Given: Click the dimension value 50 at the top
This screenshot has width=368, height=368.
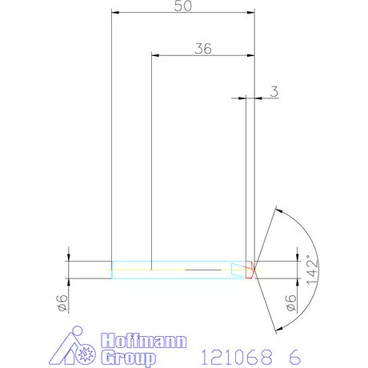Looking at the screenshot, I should coord(183,6).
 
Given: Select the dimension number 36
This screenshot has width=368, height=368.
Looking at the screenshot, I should coord(202,48).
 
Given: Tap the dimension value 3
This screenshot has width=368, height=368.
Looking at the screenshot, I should coord(274,92).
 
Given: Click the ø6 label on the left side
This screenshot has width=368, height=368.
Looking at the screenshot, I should coord(60,301).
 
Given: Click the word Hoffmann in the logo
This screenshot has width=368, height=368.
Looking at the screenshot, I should coord(144,341).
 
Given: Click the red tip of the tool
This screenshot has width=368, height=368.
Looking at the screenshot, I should coord(251,270).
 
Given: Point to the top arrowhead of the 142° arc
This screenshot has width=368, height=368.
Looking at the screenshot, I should coord(277,210).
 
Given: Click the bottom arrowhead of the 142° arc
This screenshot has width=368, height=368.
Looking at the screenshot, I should coord(277,329).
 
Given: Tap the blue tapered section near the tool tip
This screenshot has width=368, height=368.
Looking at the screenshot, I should coord(237,270).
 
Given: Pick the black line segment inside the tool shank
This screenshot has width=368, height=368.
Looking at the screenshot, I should coord(204,270).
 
